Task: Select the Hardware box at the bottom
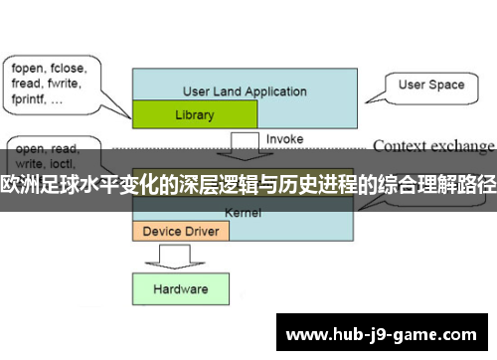pyautogui.click(x=180, y=289)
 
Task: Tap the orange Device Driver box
pyautogui.click(x=181, y=231)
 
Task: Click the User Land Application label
pyautogui.click(x=245, y=91)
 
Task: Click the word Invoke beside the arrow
pyautogui.click(x=284, y=138)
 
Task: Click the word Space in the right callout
pyautogui.click(x=446, y=85)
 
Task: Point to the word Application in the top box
pyautogui.click(x=272, y=91)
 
